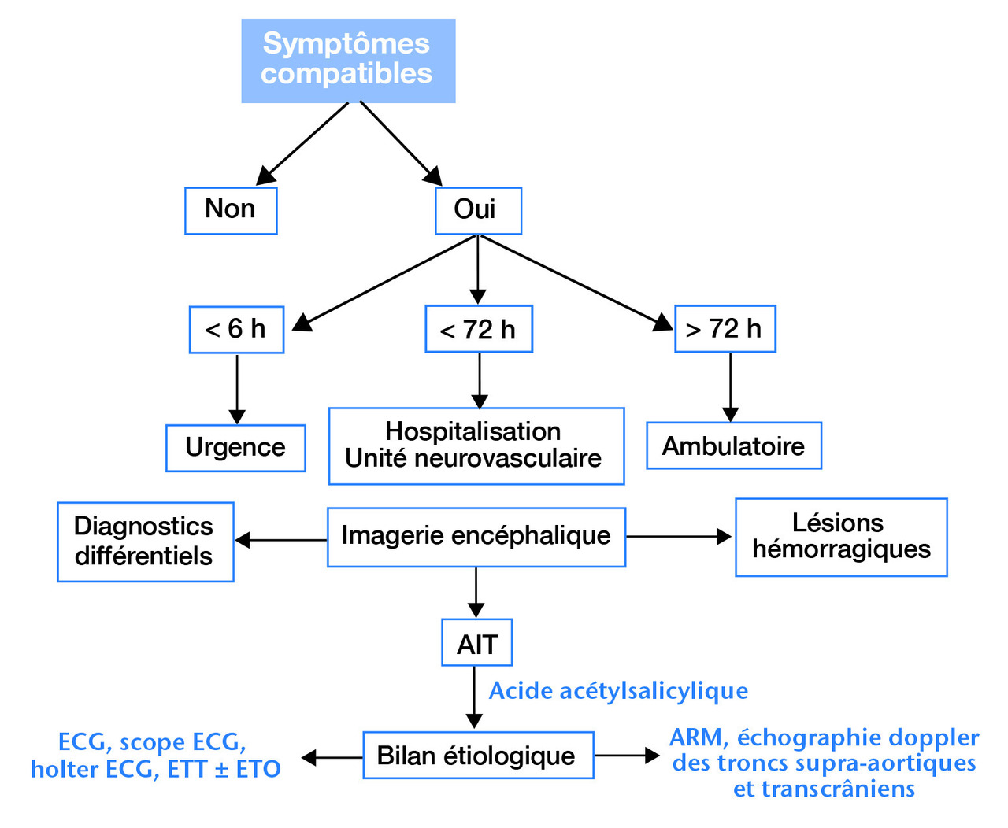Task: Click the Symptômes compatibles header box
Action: click(x=348, y=61)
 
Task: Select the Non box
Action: click(x=231, y=210)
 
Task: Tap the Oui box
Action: click(x=478, y=210)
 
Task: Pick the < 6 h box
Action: click(x=236, y=330)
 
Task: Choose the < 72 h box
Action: click(x=479, y=329)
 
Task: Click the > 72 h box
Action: click(x=724, y=329)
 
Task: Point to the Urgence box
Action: click(x=235, y=448)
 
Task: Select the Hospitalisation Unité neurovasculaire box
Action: click(x=476, y=445)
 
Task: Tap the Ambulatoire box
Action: click(x=733, y=446)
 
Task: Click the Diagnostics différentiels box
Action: click(x=146, y=542)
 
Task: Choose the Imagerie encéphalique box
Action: click(x=476, y=537)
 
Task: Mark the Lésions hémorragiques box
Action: click(x=841, y=537)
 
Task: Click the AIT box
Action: click(x=476, y=644)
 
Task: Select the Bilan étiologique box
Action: click(x=477, y=756)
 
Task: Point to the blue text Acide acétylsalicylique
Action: click(x=618, y=691)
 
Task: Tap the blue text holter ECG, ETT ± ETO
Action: click(x=155, y=769)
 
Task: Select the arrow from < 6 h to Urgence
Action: click(x=236, y=389)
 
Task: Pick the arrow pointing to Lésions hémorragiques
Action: click(x=679, y=537)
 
